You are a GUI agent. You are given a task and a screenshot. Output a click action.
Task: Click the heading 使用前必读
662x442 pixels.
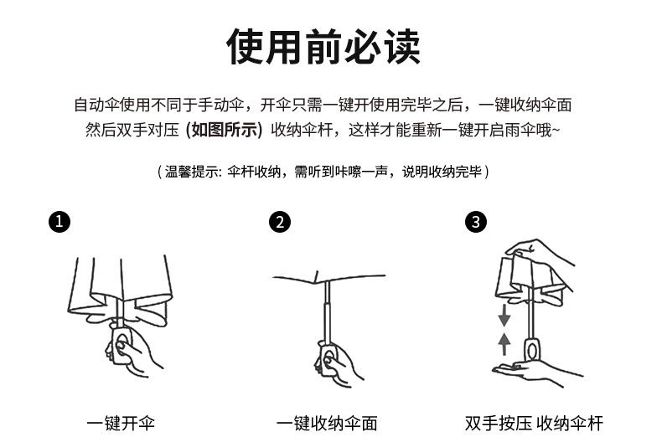coord(323,47)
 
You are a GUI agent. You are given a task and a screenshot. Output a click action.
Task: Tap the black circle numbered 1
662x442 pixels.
coord(59,222)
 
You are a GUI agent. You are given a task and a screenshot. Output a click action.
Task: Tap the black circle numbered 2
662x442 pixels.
coord(281,222)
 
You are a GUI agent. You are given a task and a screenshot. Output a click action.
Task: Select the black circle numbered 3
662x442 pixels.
coord(476,222)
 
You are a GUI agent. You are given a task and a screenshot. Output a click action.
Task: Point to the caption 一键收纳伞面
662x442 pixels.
coord(327,423)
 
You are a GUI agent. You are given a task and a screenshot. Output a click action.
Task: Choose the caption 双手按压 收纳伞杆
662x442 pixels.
coord(533,423)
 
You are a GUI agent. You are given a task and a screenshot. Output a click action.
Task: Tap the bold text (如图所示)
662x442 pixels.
coord(225,130)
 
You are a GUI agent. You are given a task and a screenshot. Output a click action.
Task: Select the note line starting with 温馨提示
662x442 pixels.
coord(323,172)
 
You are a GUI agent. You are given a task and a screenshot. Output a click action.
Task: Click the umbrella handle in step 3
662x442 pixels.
coord(530,350)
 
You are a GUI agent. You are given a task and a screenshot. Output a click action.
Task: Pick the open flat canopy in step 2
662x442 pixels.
coord(327,278)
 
